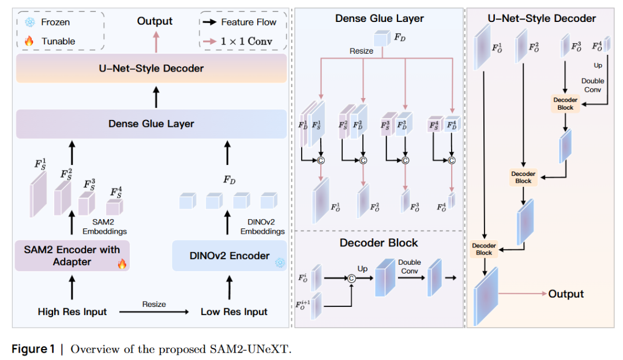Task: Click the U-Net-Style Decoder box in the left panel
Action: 151,69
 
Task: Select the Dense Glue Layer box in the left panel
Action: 151,123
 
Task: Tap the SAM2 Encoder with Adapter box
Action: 72,256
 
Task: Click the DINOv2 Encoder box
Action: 230,256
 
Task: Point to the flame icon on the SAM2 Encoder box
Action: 122,264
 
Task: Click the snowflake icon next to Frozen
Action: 30,22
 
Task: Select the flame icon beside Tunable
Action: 30,41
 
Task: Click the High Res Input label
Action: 72,312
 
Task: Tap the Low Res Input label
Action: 234,312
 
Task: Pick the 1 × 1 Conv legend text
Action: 246,41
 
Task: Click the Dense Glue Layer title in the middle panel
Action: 379,18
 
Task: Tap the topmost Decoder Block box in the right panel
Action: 565,103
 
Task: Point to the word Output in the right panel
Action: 566,294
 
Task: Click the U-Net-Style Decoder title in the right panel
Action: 542,18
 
